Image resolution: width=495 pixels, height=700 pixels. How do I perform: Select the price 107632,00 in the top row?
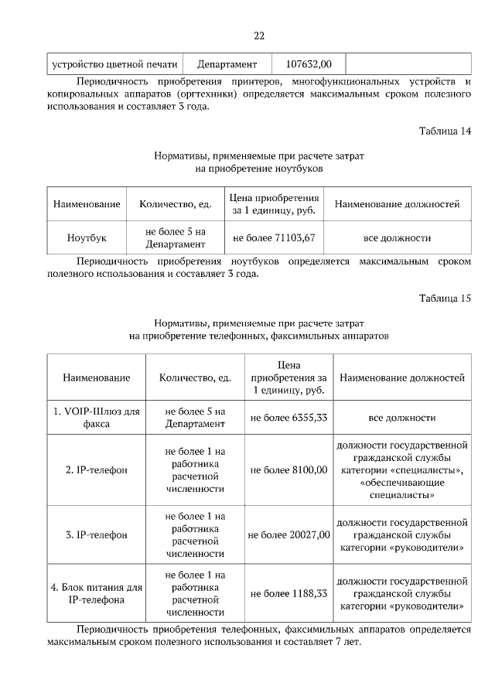[308, 64]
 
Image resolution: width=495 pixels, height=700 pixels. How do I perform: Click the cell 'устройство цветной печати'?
[114, 64]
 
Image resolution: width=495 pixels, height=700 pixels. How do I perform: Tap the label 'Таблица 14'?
[445, 131]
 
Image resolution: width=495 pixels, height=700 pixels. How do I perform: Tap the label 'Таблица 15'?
[445, 298]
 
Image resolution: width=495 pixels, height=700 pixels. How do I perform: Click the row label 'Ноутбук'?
[87, 238]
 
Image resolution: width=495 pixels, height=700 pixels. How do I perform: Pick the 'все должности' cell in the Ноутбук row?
[397, 238]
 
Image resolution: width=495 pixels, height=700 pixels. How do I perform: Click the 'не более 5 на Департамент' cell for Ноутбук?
[175, 238]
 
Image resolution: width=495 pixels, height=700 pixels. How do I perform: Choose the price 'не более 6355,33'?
[288, 418]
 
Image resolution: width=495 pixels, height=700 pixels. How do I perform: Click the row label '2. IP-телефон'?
[97, 470]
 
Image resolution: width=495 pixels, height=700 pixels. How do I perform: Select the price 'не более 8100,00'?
[288, 470]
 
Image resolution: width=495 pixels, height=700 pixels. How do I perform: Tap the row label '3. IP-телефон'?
[97, 534]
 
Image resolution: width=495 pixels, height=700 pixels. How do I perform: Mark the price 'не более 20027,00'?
[288, 534]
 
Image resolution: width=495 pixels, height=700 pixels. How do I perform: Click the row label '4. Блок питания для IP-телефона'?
[97, 593]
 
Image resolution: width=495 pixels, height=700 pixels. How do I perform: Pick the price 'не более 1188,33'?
[288, 593]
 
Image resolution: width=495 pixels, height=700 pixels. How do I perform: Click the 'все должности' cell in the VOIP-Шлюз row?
[401, 418]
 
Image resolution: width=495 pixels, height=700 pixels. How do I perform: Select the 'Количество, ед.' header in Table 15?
[195, 378]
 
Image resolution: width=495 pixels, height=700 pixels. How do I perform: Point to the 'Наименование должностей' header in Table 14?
[397, 204]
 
